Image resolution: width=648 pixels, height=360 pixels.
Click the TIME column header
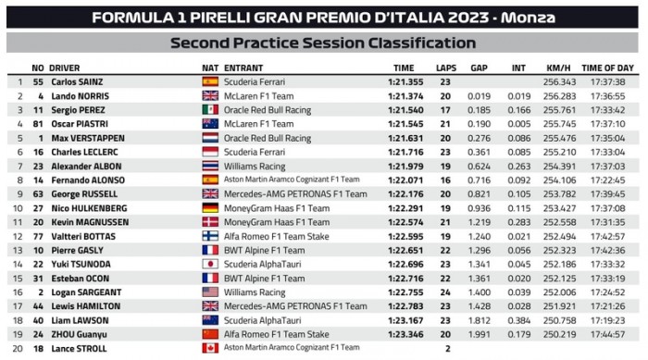[x=404, y=68]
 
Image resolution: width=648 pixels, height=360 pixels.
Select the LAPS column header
[x=446, y=68]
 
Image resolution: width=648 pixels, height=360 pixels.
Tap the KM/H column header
[x=554, y=68]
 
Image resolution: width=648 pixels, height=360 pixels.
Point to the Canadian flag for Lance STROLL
[x=210, y=348]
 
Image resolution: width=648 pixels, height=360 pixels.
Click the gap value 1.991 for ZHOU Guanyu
[x=479, y=334]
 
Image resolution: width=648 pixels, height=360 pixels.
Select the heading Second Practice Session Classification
[x=323, y=43]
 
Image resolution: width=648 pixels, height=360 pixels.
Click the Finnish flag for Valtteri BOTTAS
[x=210, y=235]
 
